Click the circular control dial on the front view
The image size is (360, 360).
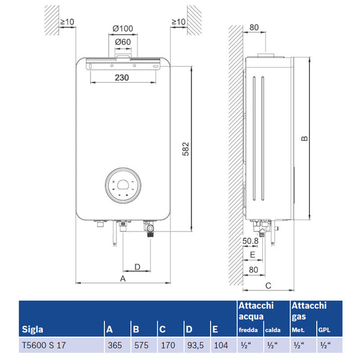(124, 185)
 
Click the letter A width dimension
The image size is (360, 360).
(122, 279)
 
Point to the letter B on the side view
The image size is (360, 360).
(304, 139)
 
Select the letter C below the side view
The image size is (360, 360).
(268, 286)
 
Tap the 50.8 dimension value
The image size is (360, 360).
(251, 241)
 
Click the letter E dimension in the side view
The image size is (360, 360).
(253, 255)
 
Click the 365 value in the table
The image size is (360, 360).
(114, 346)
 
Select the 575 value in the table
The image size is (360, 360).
(140, 346)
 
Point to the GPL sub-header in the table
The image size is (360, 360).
(324, 330)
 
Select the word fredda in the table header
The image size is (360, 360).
(248, 330)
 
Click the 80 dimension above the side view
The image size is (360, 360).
(253, 27)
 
